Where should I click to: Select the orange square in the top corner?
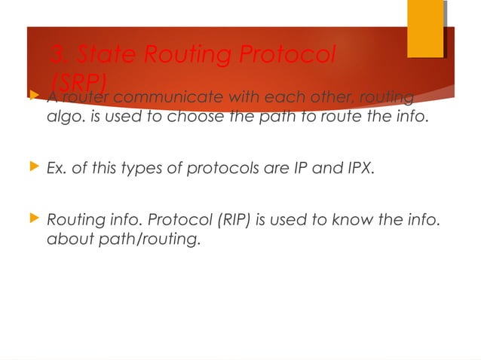pyautogui.click(x=425, y=29)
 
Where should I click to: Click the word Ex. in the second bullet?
pyautogui.click(x=57, y=169)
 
